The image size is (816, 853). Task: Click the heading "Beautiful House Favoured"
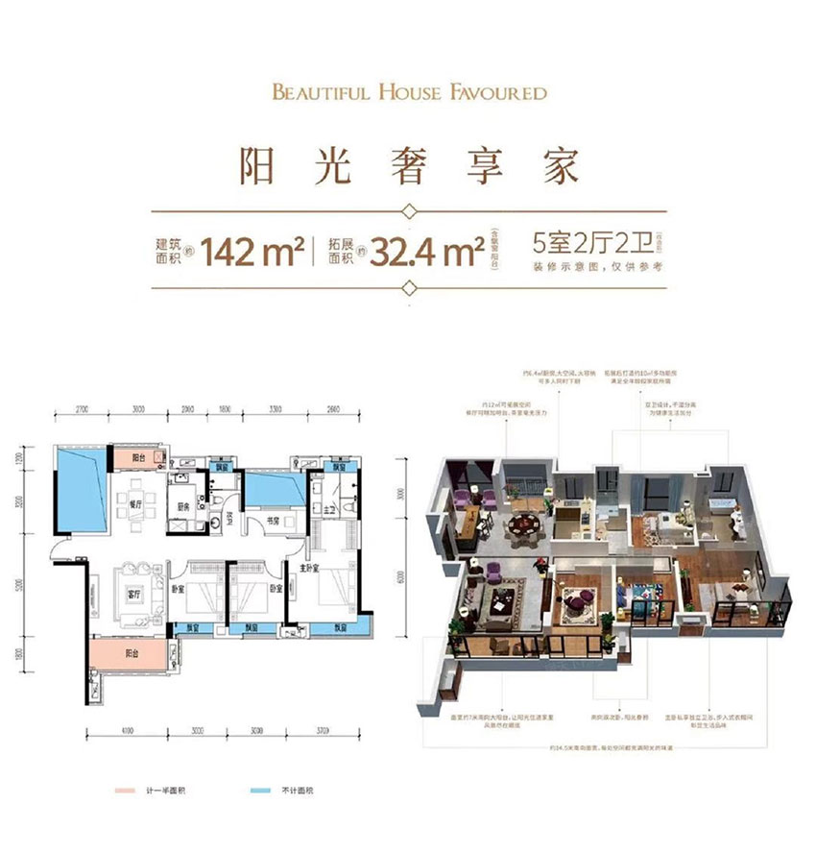[409, 93]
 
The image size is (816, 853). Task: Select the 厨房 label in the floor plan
[181, 510]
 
